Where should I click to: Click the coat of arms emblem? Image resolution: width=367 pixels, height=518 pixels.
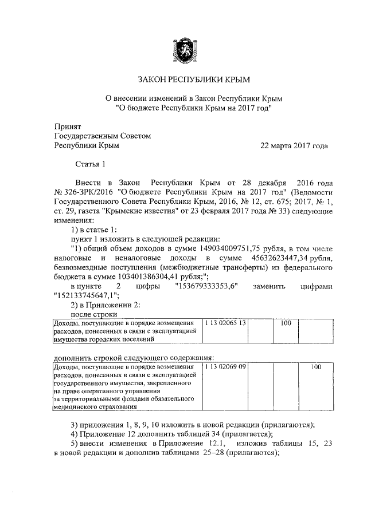tap(183, 47)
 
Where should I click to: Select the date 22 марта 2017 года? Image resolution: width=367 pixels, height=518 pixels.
tap(294, 146)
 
